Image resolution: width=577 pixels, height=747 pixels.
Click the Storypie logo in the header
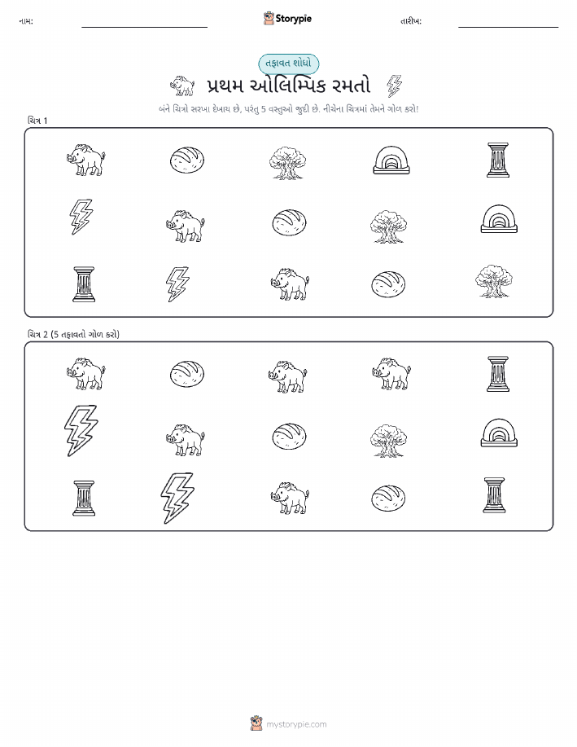[287, 19]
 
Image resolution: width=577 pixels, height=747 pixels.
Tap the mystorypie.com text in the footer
[296, 724]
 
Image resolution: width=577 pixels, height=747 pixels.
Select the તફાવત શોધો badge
[288, 64]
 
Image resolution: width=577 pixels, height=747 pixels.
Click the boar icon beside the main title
[182, 86]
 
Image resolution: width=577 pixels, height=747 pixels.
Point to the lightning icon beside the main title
[394, 86]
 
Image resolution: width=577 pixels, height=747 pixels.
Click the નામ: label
[26, 21]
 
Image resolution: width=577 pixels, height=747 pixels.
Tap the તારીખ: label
[411, 21]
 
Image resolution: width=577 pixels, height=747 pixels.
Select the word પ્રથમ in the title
[225, 86]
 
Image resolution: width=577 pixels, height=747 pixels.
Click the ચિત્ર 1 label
[37, 121]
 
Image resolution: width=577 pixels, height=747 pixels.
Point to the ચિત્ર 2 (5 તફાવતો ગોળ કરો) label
[73, 335]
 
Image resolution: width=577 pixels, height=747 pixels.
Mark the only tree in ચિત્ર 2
[388, 440]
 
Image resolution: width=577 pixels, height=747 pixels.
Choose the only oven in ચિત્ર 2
[499, 433]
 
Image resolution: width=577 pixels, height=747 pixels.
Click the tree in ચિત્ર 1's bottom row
[494, 281]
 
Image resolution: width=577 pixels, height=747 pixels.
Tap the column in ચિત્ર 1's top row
[498, 160]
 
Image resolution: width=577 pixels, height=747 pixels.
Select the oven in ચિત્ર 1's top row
[391, 160]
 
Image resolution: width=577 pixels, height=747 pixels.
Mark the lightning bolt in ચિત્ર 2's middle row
[81, 431]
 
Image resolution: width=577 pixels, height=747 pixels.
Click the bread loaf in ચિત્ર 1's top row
[187, 160]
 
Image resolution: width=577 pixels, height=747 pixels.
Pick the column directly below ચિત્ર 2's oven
[494, 495]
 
